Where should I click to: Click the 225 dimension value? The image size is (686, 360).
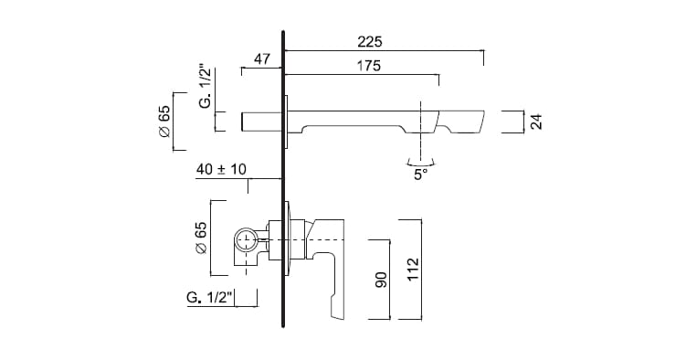(x=370, y=42)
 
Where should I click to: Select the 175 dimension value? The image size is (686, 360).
(x=369, y=67)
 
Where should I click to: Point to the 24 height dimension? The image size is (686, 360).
(x=537, y=121)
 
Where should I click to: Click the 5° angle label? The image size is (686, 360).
(x=420, y=175)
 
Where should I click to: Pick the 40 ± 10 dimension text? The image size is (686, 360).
(x=221, y=170)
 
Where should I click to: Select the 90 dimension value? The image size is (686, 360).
(x=382, y=278)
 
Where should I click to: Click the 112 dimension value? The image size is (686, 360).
(x=412, y=269)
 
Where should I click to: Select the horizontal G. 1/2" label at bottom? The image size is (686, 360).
(x=209, y=297)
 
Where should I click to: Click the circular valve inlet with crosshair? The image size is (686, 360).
(x=245, y=241)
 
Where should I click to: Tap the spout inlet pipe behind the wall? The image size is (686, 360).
(x=261, y=121)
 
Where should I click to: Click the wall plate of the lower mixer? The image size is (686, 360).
(x=290, y=239)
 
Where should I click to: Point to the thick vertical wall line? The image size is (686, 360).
(x=284, y=183)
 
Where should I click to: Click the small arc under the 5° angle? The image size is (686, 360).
(x=420, y=161)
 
